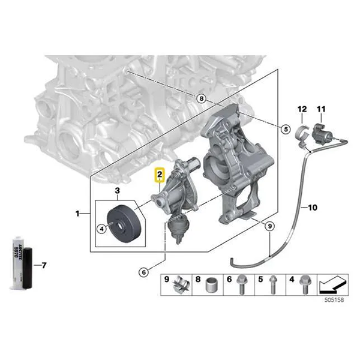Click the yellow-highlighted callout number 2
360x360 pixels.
[160, 176]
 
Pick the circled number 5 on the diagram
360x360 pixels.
[286, 129]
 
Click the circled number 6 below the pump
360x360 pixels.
[145, 272]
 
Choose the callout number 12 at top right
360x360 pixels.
[302, 109]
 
